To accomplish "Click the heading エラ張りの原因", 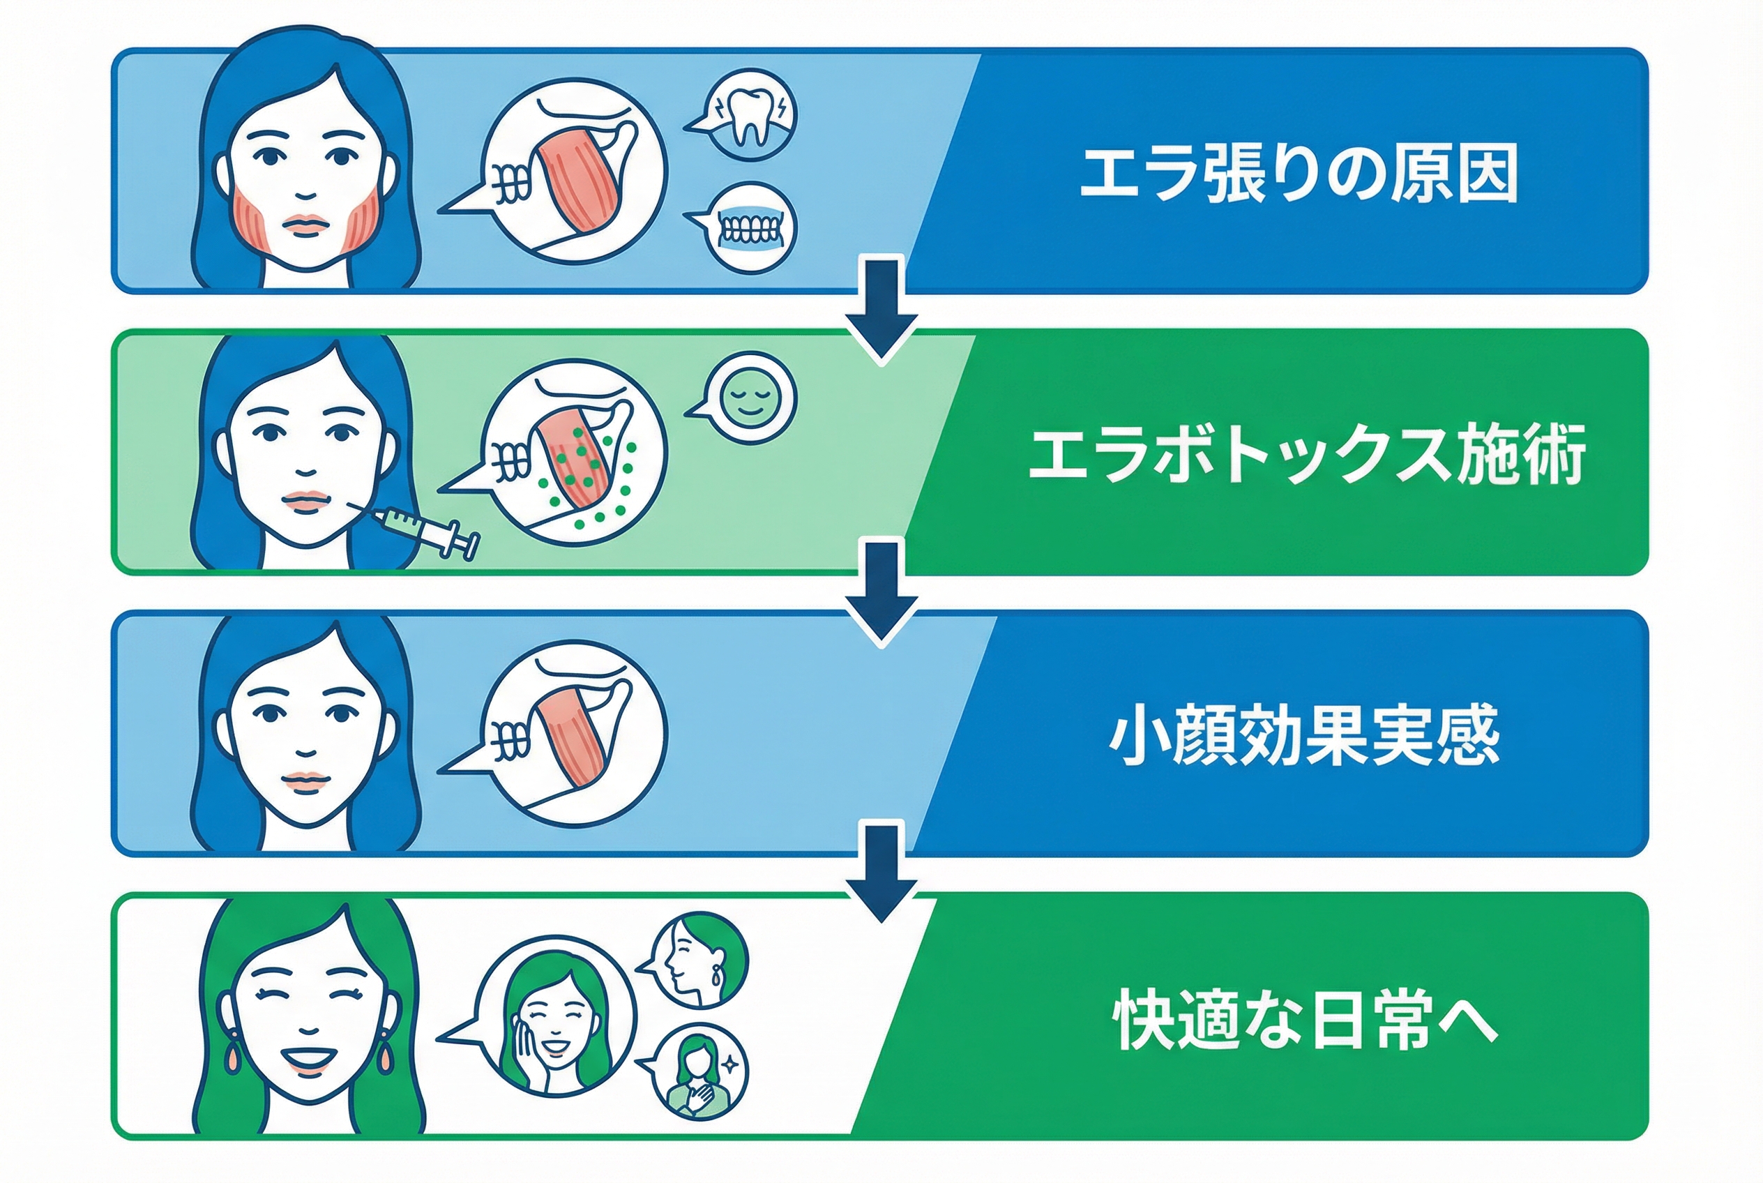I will coord(1299,174).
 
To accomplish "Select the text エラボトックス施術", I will coord(1307,454).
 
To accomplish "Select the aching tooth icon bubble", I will coord(750,114).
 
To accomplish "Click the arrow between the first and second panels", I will coord(881,309).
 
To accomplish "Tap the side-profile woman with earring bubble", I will coord(699,960).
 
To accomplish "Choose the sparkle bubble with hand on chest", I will coord(699,1071).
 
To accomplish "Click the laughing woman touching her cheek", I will coord(557,1015).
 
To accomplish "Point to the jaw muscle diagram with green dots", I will coord(575,453).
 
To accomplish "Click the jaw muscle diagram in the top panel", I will coord(575,169).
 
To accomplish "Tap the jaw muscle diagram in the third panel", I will coord(575,733).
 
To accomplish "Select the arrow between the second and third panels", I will coord(881,592).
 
